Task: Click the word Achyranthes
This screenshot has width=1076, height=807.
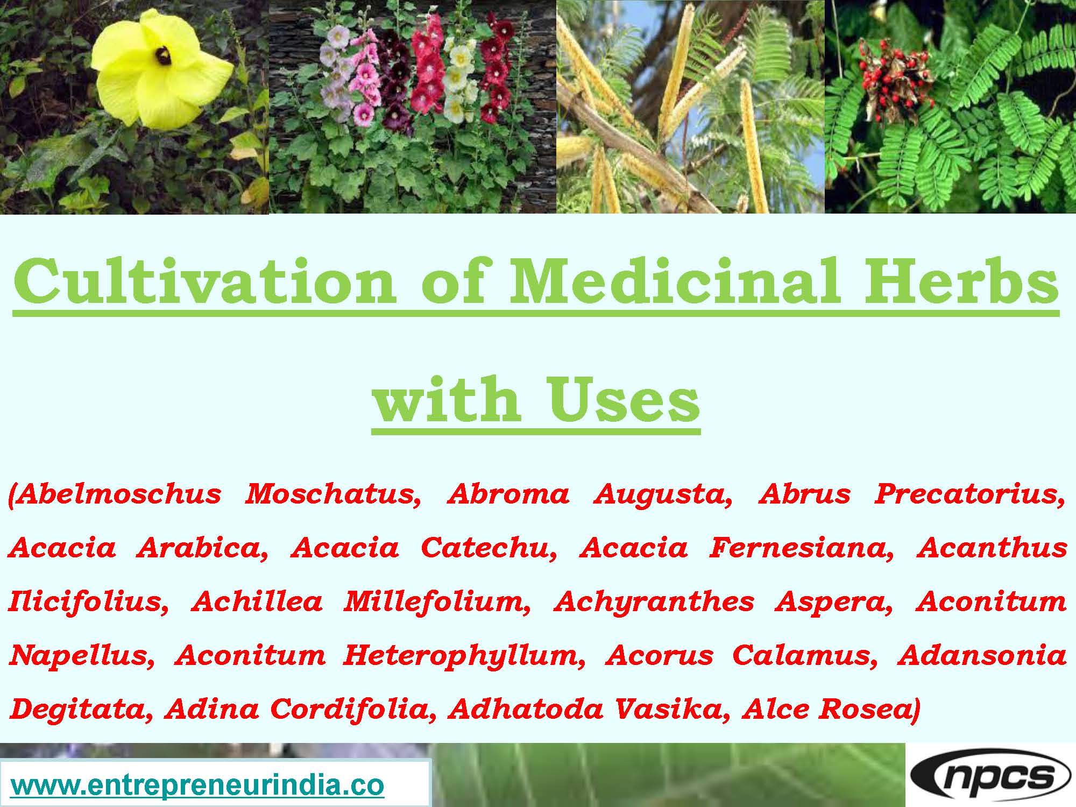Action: [654, 601]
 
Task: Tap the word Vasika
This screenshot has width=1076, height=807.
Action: [674, 709]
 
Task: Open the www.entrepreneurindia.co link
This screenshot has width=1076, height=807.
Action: [197, 785]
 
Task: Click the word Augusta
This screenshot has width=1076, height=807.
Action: [663, 494]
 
